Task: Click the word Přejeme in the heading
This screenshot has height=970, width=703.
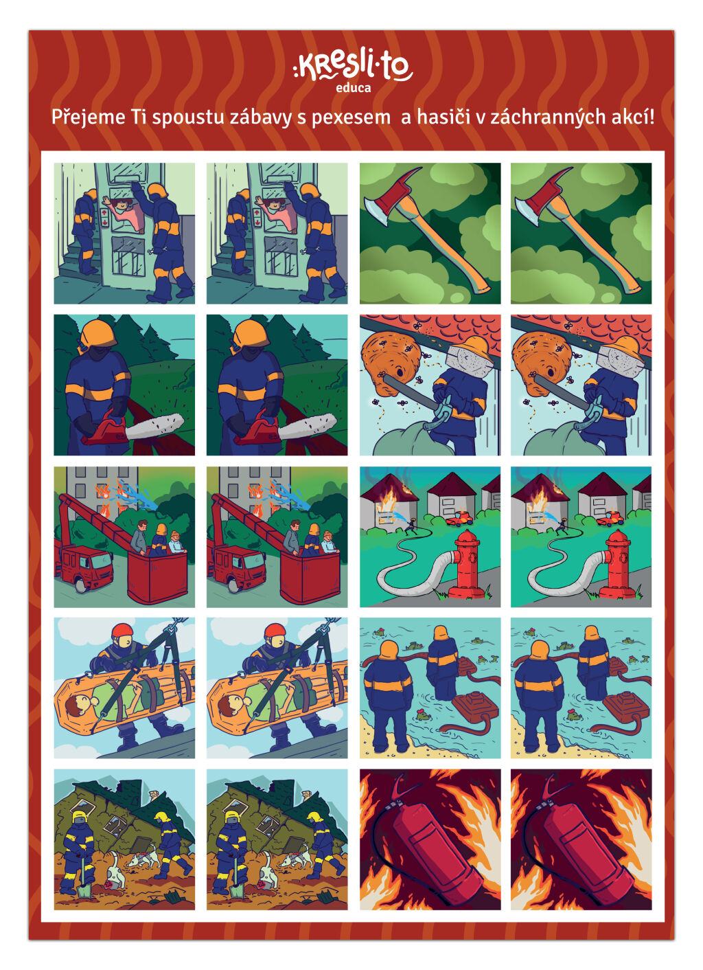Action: [89, 117]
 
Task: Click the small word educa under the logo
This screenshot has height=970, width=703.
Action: [354, 88]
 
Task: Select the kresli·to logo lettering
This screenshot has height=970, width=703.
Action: [353, 67]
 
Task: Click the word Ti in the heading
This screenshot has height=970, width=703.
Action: [139, 117]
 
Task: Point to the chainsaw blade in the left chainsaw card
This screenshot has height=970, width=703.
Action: [159, 427]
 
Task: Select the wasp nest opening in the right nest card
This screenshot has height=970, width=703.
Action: [551, 371]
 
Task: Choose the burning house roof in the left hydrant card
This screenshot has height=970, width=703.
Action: [389, 488]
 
